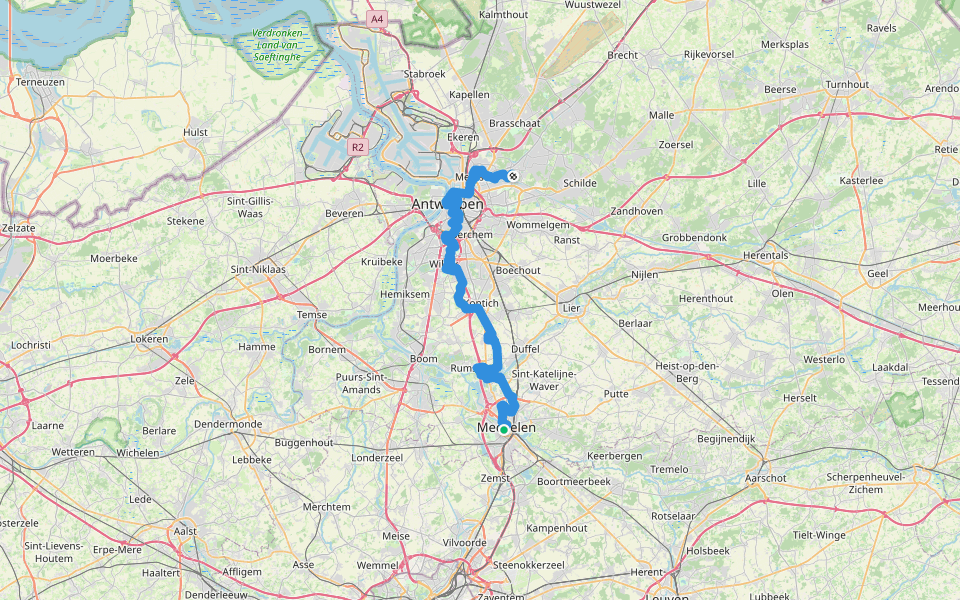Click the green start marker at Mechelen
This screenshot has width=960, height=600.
click(x=504, y=429)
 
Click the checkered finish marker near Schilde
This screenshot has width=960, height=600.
click(x=513, y=176)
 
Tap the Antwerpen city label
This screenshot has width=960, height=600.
click(x=447, y=205)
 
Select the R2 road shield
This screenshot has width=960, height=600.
click(x=357, y=147)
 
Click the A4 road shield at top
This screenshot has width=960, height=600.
click(x=376, y=19)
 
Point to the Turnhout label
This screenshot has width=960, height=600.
click(x=847, y=85)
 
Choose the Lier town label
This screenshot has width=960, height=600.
click(x=571, y=310)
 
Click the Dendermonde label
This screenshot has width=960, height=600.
click(x=228, y=424)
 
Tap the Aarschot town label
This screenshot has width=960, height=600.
click(x=765, y=479)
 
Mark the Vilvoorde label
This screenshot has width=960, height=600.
click(x=463, y=542)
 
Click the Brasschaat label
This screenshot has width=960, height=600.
click(x=514, y=123)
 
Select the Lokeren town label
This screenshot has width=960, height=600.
click(x=149, y=340)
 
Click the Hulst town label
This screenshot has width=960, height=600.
click(x=195, y=132)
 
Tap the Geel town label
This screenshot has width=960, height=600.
click(x=878, y=273)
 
